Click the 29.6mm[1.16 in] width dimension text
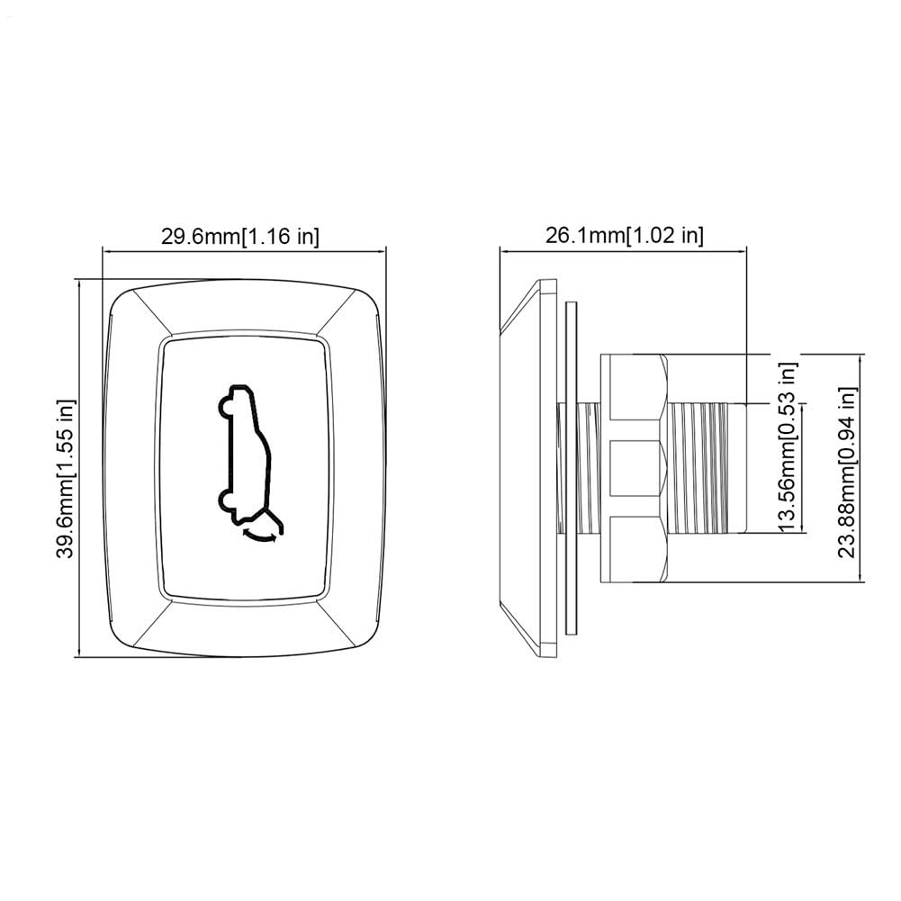tap(239, 236)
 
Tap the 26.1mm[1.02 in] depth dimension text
tap(624, 236)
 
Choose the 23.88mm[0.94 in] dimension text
tap(847, 473)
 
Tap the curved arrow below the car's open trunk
tap(262, 537)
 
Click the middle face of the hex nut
tap(637, 468)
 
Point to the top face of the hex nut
tap(637, 387)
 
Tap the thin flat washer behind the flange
tap(571, 468)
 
